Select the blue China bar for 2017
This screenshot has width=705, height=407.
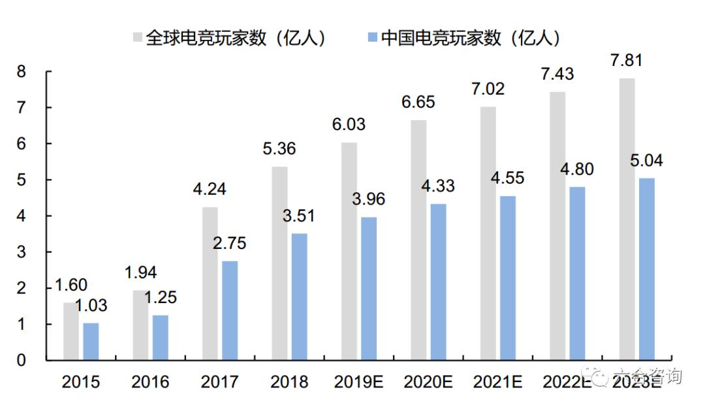pos(230,310)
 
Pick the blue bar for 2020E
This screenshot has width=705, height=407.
pos(439,282)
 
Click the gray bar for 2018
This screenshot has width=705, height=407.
pos(279,263)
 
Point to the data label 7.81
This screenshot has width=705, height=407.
pos(626,61)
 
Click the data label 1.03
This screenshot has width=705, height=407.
pos(90,306)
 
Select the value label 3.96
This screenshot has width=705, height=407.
pos(369,199)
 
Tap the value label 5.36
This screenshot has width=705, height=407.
pos(279,149)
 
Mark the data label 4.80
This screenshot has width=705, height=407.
pos(576,169)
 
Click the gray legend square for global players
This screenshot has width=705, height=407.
pos(138,37)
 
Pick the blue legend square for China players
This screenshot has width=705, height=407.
pos(371,37)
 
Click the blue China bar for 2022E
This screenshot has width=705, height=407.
pos(578,273)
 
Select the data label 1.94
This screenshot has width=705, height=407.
pos(141,273)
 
